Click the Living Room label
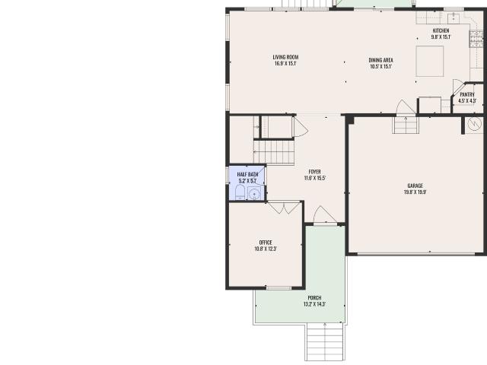pyautogui.click(x=285, y=57)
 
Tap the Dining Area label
pyautogui.click(x=380, y=60)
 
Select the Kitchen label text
pyautogui.click(x=441, y=30)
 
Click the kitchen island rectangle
pyautogui.click(x=430, y=61)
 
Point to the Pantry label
pyautogui.click(x=467, y=94)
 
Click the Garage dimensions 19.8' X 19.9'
pyautogui.click(x=415, y=192)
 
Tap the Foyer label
pyautogui.click(x=314, y=172)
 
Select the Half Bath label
pyautogui.click(x=247, y=174)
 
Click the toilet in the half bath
pyautogui.click(x=240, y=192)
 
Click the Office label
pyautogui.click(x=266, y=243)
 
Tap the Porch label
pyautogui.click(x=314, y=298)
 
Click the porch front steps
pyautogui.click(x=325, y=341)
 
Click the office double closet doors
pyautogui.click(x=285, y=208)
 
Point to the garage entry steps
pyautogui.click(x=406, y=125)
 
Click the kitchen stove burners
pyautogui.click(x=476, y=39)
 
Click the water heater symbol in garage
pyautogui.click(x=474, y=124)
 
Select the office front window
pyautogui.click(x=279, y=288)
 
